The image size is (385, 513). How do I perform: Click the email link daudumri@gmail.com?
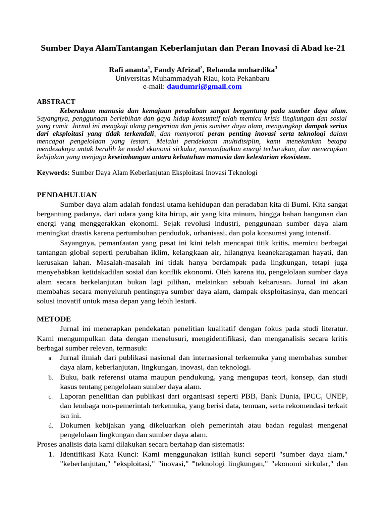tap(204, 87)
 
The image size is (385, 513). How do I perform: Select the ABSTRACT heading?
tap(56, 102)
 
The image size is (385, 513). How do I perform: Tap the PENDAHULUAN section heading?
tap(67, 195)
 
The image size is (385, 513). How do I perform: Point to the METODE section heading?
tap(54, 319)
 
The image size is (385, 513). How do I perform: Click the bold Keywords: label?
tap(53, 173)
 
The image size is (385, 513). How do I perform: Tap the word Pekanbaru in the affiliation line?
tap(252, 79)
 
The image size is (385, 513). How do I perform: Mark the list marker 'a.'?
tap(51, 359)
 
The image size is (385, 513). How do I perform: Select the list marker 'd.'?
tap(51, 426)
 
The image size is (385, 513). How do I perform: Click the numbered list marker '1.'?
tap(51, 454)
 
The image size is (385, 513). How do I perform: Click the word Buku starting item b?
tap(69, 377)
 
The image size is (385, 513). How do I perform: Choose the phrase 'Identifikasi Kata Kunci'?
tap(100, 454)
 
